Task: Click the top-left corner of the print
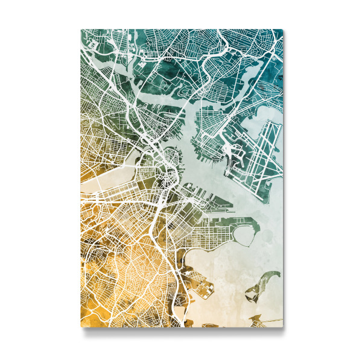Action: [x=81, y=30]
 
